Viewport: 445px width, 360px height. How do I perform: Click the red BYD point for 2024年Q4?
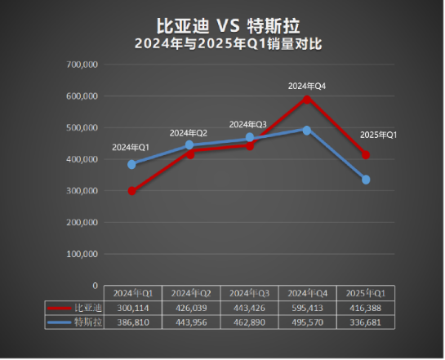(x=307, y=99)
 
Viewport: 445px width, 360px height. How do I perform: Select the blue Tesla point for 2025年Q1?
(x=366, y=180)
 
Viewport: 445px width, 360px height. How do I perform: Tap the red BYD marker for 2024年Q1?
(x=132, y=191)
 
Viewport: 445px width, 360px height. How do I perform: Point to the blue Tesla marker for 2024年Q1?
(x=132, y=164)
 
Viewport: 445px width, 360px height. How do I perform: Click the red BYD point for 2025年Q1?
(x=366, y=155)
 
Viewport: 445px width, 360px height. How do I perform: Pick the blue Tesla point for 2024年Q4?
(x=307, y=130)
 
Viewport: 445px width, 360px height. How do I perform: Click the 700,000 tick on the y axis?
(x=81, y=64)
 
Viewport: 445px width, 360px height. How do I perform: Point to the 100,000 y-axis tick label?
(x=81, y=254)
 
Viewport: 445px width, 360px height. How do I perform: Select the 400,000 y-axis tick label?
(x=81, y=159)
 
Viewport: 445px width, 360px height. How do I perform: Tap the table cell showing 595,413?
(x=307, y=308)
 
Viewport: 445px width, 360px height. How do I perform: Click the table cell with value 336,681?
(x=366, y=322)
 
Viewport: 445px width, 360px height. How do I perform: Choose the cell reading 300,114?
(x=132, y=308)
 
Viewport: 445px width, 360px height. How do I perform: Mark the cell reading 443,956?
(x=190, y=322)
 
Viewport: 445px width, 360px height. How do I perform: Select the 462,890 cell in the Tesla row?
(x=248, y=322)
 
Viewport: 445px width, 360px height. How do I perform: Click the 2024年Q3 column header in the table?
(x=248, y=293)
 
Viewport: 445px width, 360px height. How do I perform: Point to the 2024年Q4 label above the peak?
(x=307, y=85)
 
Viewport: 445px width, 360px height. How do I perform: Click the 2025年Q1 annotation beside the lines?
(x=378, y=135)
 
